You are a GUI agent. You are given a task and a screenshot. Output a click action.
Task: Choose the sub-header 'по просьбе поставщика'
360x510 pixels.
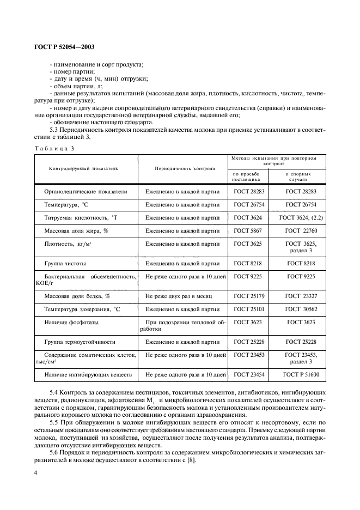tap(247, 175)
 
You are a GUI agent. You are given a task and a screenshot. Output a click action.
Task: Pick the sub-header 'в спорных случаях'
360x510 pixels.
tap(298, 175)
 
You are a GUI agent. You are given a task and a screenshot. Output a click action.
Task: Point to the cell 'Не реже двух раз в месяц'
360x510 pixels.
tap(179, 296)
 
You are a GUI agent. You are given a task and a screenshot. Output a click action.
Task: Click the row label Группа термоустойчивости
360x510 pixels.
tap(80, 342)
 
